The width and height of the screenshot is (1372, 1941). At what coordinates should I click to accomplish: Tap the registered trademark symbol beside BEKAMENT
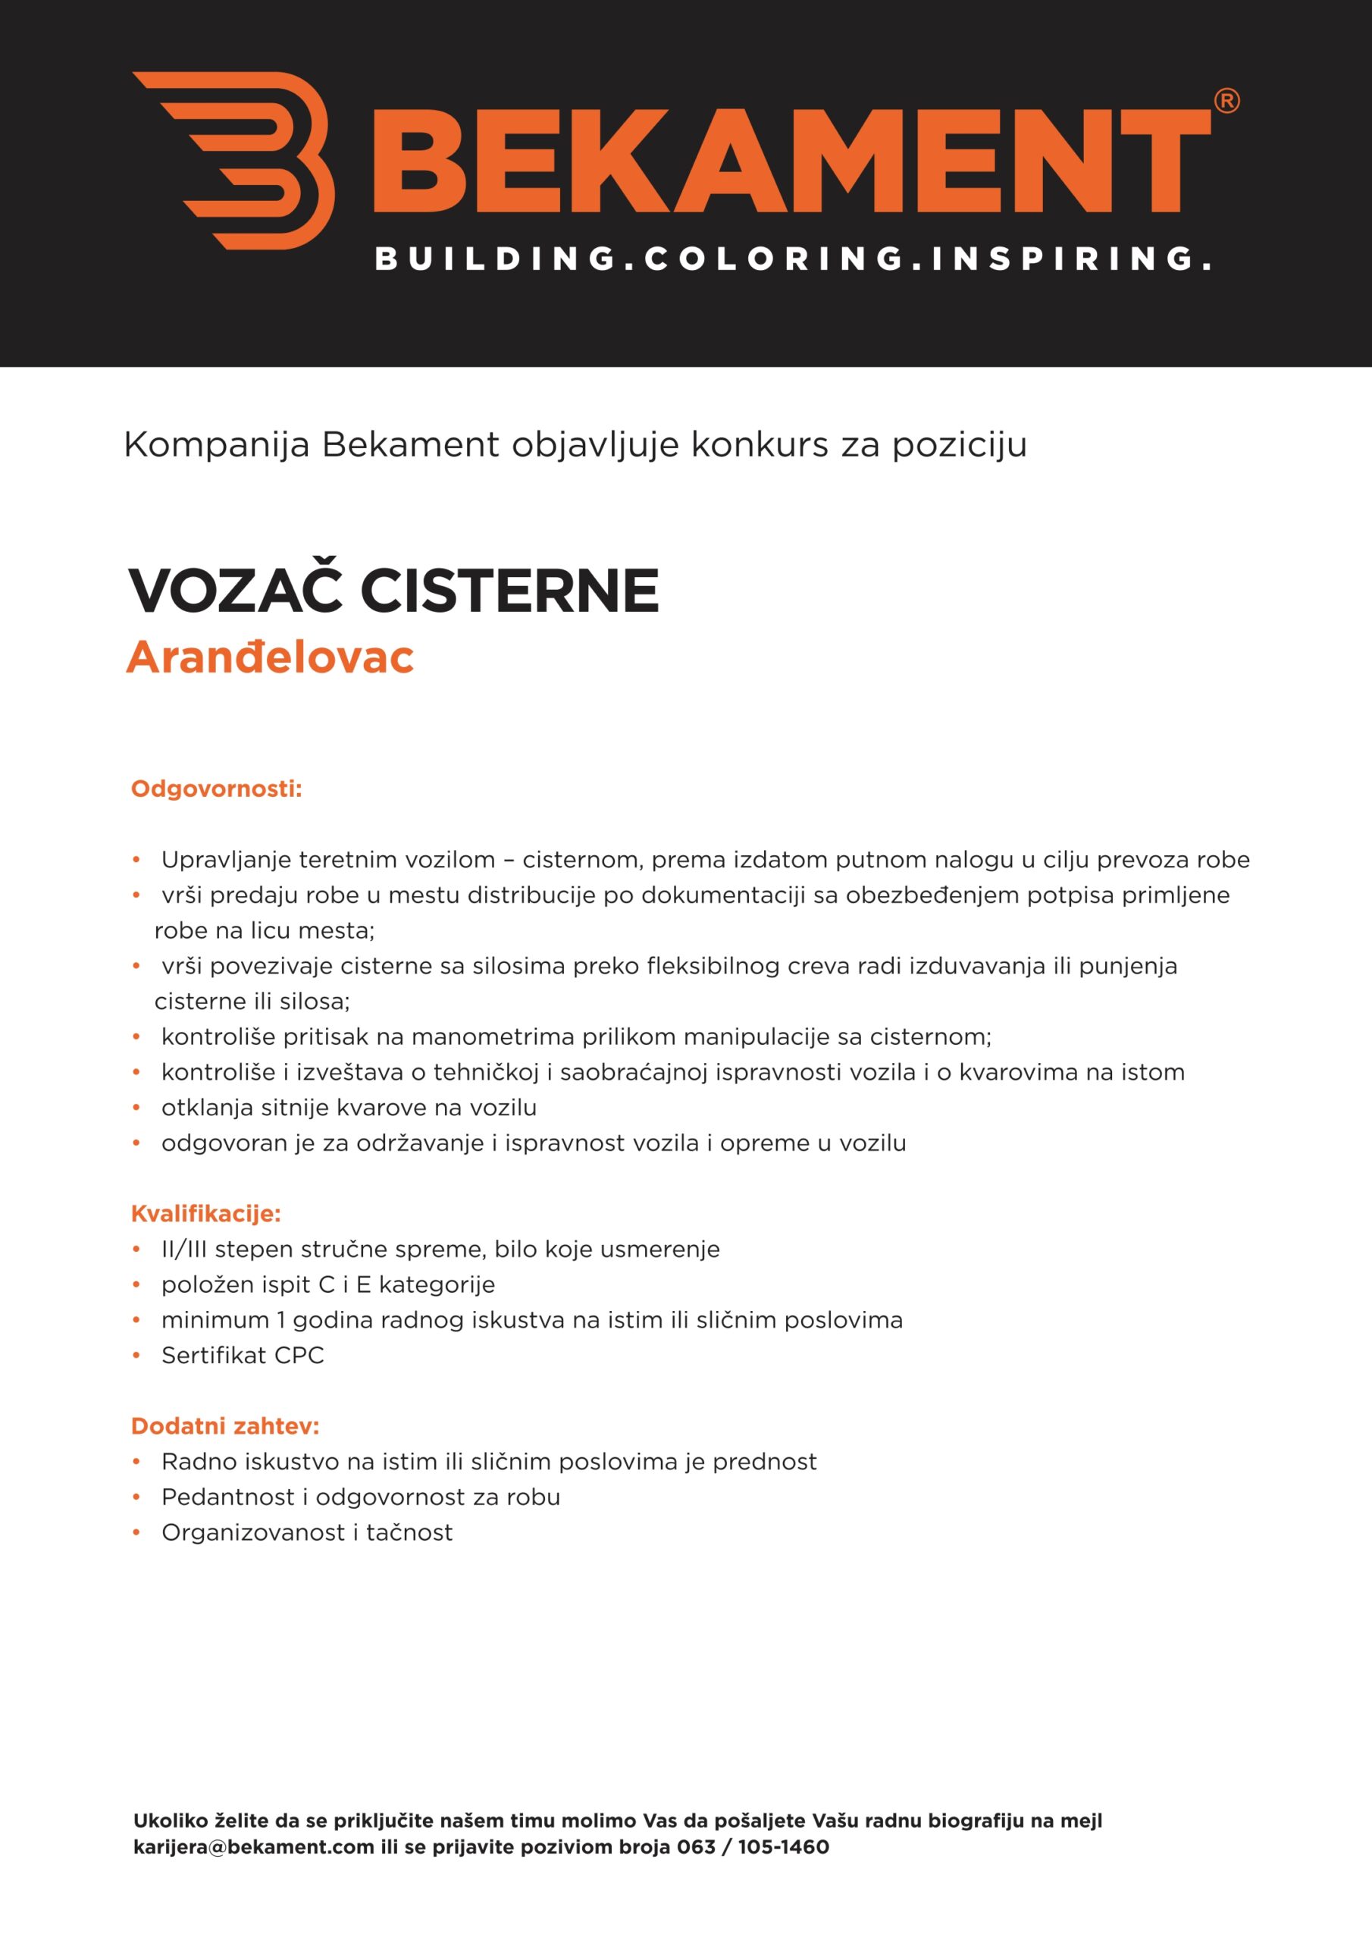pos(1226,102)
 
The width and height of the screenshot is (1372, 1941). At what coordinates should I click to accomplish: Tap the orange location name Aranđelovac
pos(270,657)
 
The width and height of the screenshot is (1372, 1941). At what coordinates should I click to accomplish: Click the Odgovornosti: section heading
pos(216,789)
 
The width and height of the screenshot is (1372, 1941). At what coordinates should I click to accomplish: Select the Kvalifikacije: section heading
pos(205,1213)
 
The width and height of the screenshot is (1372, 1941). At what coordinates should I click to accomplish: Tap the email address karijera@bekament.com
pos(254,1847)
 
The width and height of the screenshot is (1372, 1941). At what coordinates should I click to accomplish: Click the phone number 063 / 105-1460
pos(753,1847)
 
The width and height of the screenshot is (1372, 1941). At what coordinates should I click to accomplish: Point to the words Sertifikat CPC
pos(243,1355)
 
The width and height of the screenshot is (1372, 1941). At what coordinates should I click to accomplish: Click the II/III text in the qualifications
pos(184,1249)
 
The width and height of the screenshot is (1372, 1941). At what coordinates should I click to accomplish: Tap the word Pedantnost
pos(228,1497)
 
